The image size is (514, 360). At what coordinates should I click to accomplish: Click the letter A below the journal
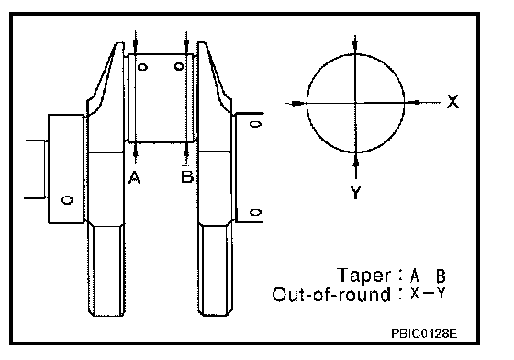pos(134,178)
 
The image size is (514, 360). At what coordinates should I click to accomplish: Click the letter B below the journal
pos(187,176)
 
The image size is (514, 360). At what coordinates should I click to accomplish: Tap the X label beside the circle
pos(453,101)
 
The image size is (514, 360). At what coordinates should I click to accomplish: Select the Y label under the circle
pos(356,192)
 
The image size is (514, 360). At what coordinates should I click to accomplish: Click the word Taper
pos(363,276)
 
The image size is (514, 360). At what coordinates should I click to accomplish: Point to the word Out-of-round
pos(331,294)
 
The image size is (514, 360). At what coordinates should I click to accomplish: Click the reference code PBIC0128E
pos(424,333)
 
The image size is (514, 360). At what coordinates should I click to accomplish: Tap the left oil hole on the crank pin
pos(142,67)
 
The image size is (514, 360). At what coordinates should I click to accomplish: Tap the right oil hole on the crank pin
pos(179,66)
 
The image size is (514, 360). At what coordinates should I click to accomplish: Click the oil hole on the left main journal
pos(67,200)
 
